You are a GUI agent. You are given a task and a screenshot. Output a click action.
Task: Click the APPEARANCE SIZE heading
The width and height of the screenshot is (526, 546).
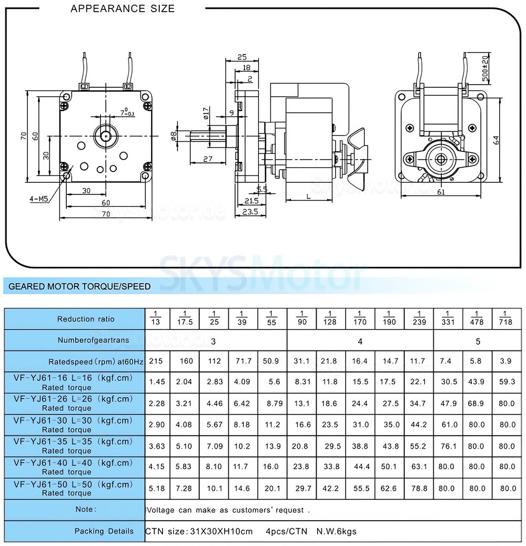(x=123, y=8)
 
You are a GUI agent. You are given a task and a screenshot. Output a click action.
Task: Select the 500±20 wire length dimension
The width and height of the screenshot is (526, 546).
(x=485, y=69)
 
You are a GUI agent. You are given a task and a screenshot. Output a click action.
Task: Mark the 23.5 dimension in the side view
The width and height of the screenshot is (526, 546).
(x=251, y=212)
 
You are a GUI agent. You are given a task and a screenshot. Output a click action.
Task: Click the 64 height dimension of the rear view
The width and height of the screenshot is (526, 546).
(x=496, y=140)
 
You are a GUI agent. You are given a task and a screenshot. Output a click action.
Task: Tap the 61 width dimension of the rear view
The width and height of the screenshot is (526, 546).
(x=441, y=192)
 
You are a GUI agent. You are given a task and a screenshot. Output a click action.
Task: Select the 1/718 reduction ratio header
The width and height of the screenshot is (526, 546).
(x=505, y=318)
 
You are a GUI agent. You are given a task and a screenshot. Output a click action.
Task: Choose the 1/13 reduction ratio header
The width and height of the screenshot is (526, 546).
(x=156, y=318)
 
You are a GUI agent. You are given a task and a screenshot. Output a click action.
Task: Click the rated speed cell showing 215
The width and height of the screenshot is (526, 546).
(x=156, y=361)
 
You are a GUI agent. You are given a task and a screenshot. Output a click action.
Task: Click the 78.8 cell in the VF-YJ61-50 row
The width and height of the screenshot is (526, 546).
(x=419, y=488)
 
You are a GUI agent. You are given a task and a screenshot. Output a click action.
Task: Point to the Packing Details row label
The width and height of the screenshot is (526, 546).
(x=104, y=531)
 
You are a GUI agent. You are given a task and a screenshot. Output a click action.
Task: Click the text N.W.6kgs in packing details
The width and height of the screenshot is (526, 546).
(x=336, y=531)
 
